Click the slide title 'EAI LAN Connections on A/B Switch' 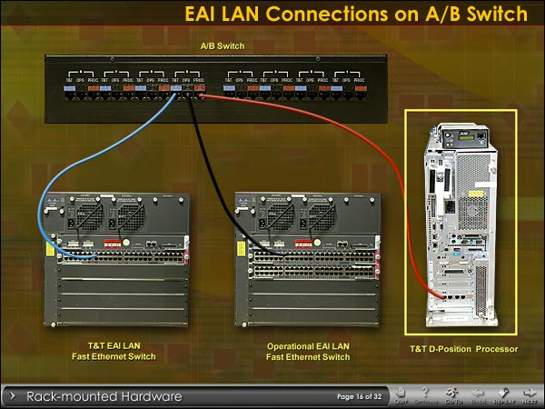[x=355, y=15]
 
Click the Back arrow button [x=478, y=396]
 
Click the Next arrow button [x=529, y=396]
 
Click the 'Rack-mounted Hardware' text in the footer [x=104, y=396]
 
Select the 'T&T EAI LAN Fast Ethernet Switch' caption [x=114, y=352]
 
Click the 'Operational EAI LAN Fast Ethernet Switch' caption [x=309, y=352]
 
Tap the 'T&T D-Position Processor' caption [x=464, y=349]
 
